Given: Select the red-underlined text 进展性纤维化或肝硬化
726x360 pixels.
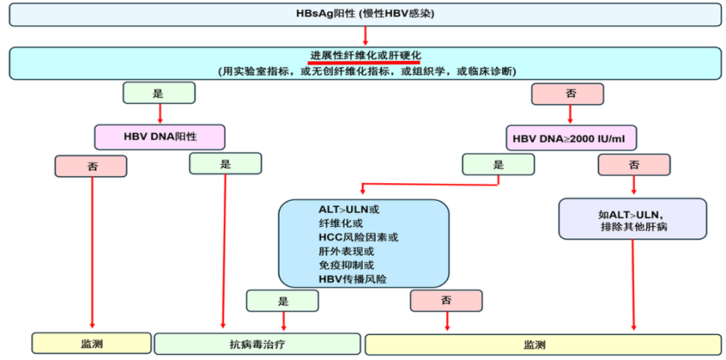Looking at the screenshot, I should [365, 56].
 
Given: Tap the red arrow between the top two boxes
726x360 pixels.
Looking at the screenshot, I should [365, 36].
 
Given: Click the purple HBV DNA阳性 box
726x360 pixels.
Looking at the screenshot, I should [160, 137].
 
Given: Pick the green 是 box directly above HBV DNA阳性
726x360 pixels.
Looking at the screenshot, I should [159, 94].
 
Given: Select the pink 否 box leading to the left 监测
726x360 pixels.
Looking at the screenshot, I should [91, 165].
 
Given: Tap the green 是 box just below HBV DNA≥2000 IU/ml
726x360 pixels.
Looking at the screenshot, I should [498, 164].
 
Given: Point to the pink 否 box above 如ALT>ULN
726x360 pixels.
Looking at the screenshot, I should [633, 164].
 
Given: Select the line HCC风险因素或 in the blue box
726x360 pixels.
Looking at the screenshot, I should [354, 237].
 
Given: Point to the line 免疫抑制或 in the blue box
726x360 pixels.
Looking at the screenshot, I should [346, 265].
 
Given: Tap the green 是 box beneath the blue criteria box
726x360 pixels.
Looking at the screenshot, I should [283, 300].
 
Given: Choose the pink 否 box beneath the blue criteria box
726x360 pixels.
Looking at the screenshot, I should [447, 300].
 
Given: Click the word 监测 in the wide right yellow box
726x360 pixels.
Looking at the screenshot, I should [535, 345].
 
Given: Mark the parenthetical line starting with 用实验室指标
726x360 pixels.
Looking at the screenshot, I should [365, 71].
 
